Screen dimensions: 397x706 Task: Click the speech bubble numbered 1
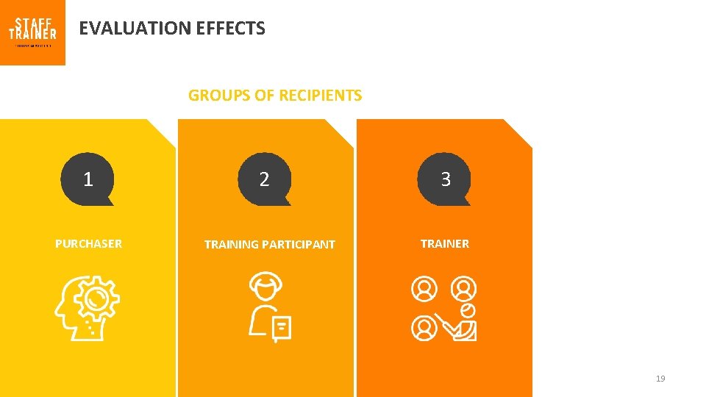pyautogui.click(x=88, y=179)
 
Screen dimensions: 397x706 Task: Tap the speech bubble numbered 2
pyautogui.click(x=265, y=179)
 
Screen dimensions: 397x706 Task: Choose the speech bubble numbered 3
pyautogui.click(x=445, y=179)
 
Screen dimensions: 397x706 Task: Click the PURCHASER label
pyautogui.click(x=88, y=243)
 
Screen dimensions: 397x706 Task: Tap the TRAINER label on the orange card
pyautogui.click(x=445, y=243)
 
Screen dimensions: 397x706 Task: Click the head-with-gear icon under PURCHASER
pyautogui.click(x=87, y=308)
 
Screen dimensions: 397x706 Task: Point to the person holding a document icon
pyautogui.click(x=268, y=307)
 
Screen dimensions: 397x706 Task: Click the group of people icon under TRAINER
pyautogui.click(x=443, y=309)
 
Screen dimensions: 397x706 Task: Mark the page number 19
pyautogui.click(x=660, y=379)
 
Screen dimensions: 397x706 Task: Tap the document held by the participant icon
pyautogui.click(x=282, y=328)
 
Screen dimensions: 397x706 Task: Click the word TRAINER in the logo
pyautogui.click(x=32, y=34)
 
